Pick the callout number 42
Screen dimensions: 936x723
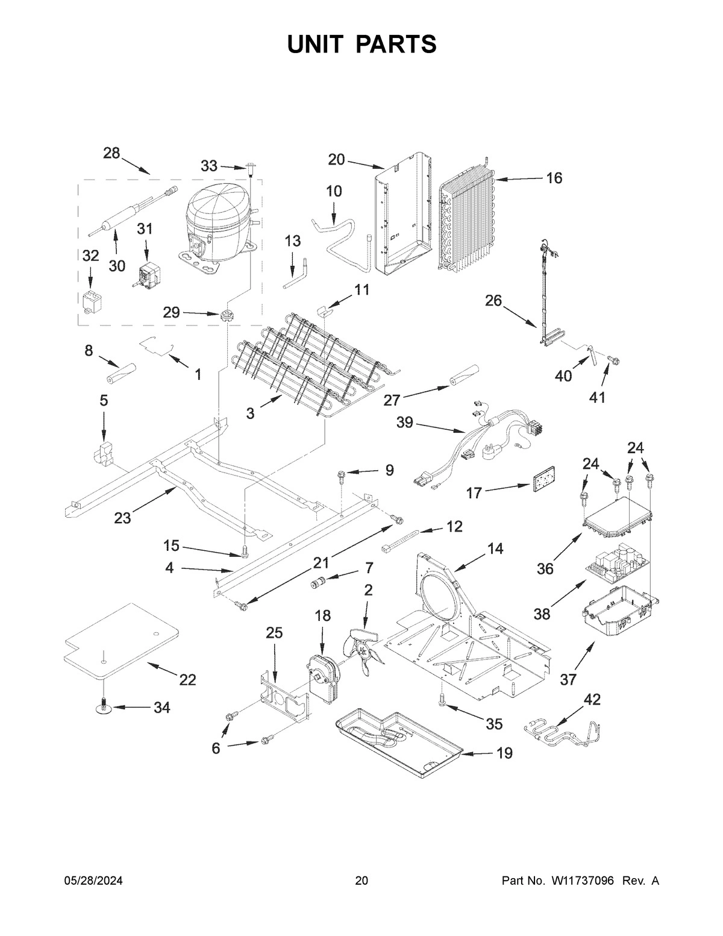[x=592, y=700]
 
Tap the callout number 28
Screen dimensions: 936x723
[x=111, y=153]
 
